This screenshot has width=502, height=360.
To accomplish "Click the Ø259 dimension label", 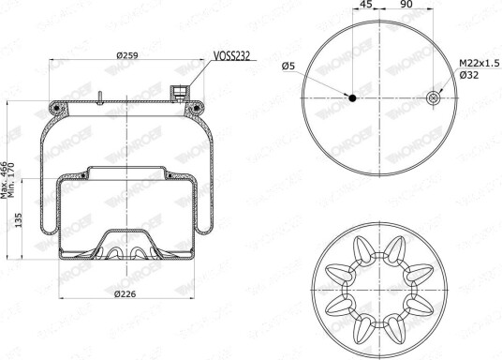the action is tap(127, 55).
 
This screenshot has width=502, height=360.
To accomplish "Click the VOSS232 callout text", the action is tap(231, 56).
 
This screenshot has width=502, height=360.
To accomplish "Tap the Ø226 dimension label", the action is tap(125, 293).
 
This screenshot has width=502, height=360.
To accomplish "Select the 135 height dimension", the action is tap(18, 220).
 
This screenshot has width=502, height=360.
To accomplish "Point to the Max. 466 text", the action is tap(4, 180).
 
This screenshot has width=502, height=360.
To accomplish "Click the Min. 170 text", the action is tap(11, 180).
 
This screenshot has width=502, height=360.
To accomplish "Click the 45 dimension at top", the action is tap(366, 4).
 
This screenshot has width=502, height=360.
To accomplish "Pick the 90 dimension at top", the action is tap(406, 4).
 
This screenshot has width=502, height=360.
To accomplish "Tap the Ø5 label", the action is tap(288, 67).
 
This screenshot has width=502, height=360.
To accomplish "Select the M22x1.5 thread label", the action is tap(480, 63).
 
